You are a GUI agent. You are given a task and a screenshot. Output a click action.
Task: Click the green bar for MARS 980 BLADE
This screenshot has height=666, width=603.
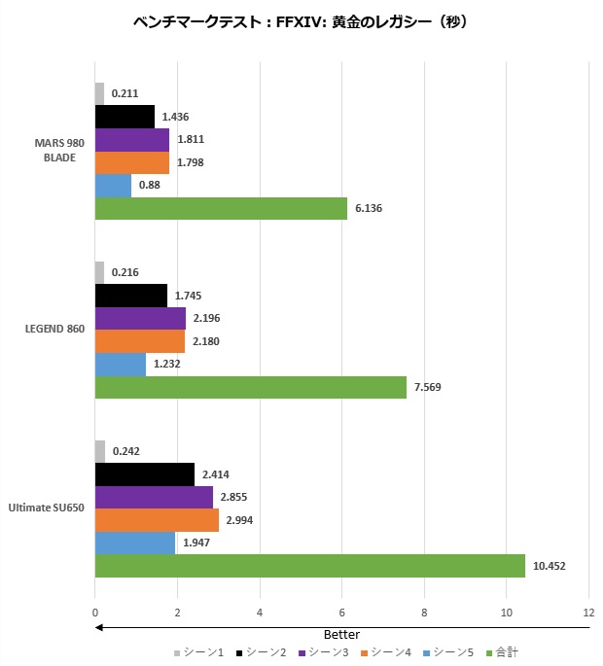click(x=221, y=209)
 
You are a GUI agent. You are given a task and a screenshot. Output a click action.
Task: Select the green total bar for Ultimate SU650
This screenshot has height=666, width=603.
click(x=309, y=566)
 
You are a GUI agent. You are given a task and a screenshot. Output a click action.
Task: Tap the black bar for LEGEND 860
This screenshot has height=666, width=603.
click(x=131, y=296)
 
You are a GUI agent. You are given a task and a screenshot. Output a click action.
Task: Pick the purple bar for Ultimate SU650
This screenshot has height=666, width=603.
click(x=154, y=497)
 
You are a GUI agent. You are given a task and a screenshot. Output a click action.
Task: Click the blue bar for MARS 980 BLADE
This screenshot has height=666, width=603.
click(x=113, y=186)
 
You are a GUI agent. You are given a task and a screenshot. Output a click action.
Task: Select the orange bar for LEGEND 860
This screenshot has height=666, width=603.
click(x=140, y=341)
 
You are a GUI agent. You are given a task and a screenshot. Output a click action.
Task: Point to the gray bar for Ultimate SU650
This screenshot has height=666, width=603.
click(x=100, y=451)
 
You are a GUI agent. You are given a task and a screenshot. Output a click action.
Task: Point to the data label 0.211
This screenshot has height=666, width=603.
click(x=124, y=93)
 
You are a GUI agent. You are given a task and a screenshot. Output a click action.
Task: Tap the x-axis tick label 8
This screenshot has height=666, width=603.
click(x=424, y=613)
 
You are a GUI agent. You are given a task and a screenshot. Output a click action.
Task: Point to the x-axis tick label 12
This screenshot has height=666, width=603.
click(x=588, y=613)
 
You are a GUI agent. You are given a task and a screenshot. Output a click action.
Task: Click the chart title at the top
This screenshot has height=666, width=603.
click(x=301, y=21)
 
